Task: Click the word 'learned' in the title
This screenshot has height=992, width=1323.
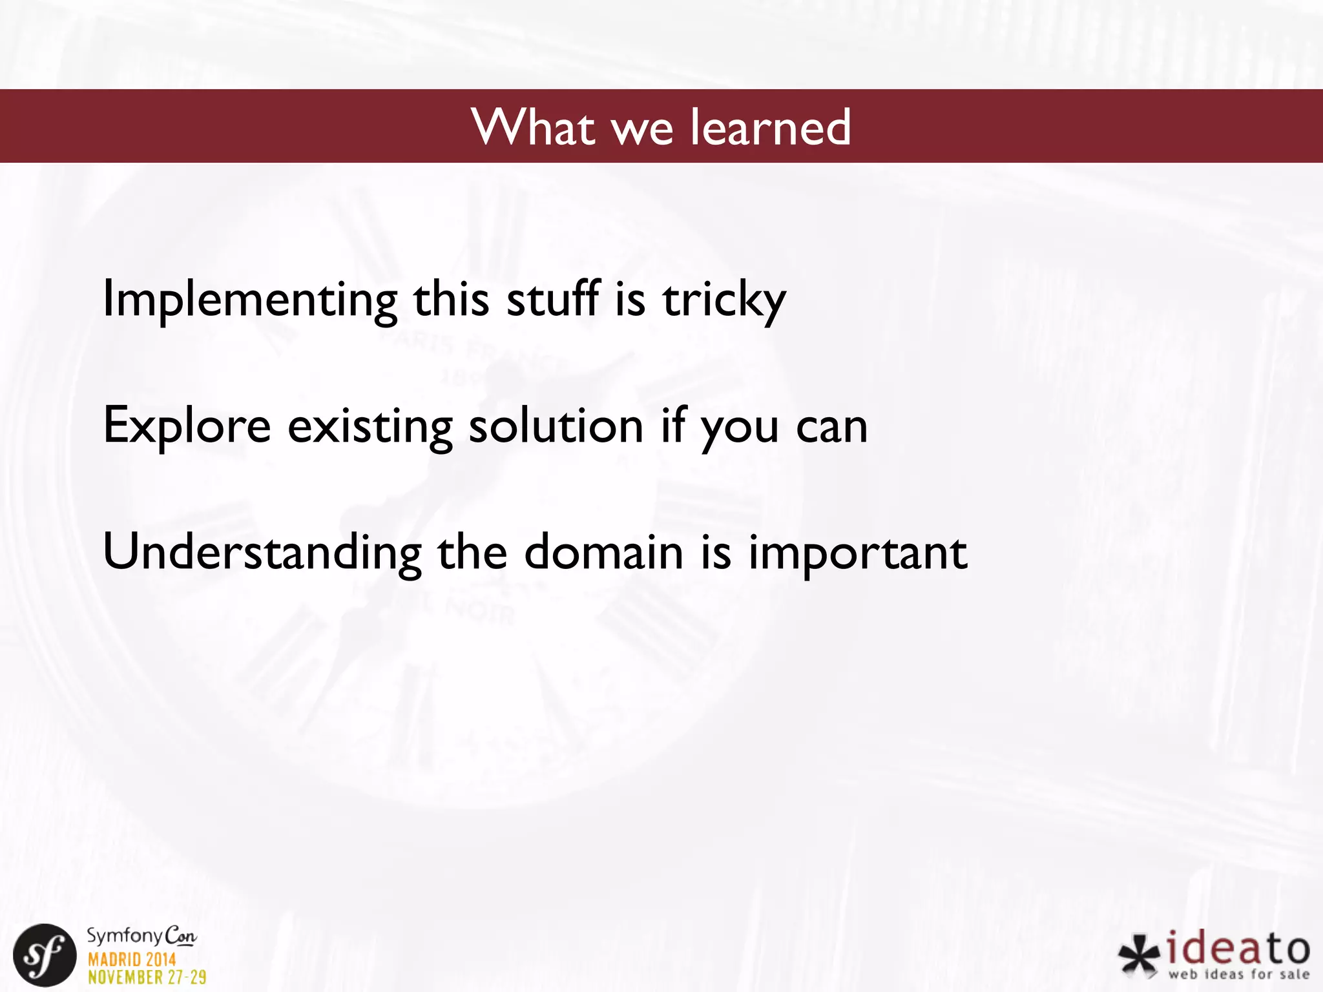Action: click(x=770, y=127)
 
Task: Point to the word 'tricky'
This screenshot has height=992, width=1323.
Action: click(x=724, y=300)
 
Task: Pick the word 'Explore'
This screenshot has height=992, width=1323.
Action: click(x=187, y=426)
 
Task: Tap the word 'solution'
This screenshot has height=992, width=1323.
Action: click(x=556, y=426)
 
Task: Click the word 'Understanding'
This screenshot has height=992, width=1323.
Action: click(x=262, y=553)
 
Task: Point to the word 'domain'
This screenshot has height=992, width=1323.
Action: click(x=603, y=553)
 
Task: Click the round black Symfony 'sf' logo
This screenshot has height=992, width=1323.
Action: click(x=45, y=955)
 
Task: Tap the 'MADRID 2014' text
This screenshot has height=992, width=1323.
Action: click(x=132, y=960)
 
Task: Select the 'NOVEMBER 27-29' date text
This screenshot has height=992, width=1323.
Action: click(x=147, y=977)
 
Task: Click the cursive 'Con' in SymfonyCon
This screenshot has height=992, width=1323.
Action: click(x=180, y=936)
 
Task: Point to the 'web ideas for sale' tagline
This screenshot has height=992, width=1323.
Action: click(x=1238, y=975)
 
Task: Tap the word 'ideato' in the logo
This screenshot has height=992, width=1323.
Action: click(x=1238, y=949)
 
